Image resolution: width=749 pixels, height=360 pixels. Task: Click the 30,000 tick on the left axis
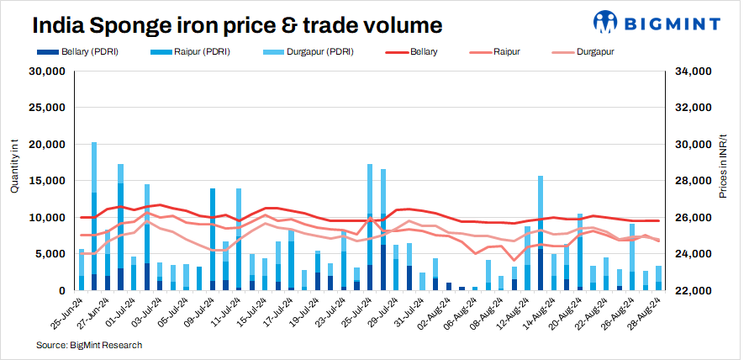coord(48,71)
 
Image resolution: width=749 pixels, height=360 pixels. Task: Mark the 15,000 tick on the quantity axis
coord(48,181)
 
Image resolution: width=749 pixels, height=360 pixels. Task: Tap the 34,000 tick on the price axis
coord(690,71)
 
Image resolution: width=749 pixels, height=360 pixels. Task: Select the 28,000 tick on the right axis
coord(690,181)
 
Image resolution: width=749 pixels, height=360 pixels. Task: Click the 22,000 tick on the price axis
coord(690,290)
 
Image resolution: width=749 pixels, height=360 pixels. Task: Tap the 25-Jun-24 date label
coord(66,313)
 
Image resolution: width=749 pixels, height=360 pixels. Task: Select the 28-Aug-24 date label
coord(648,313)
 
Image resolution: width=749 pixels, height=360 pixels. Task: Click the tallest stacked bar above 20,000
coord(94,216)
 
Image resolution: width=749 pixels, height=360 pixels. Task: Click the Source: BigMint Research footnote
coord(89,345)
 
